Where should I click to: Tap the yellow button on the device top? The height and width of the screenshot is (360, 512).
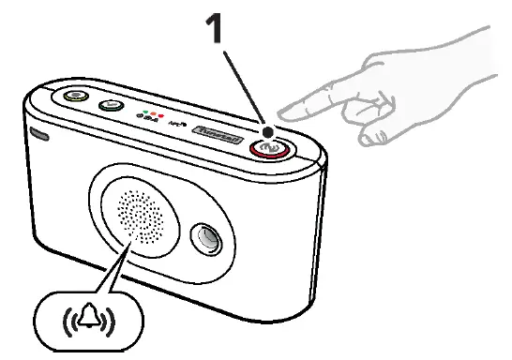[71, 97]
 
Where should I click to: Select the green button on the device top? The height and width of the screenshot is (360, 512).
[111, 105]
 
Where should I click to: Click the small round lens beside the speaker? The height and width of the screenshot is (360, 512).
[205, 238]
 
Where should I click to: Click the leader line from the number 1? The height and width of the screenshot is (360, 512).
[245, 87]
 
